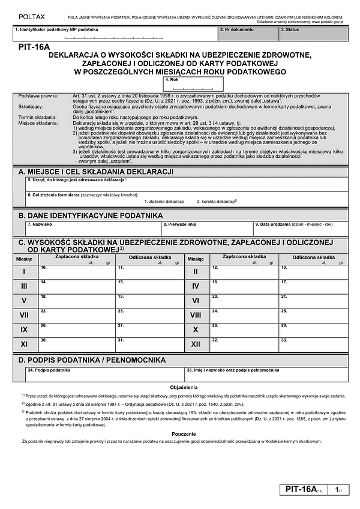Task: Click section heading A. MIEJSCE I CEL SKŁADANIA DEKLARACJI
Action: tap(96, 172)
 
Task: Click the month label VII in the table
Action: tap(24, 315)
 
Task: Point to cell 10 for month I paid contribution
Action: tap(76, 272)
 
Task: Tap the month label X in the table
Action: tap(196, 330)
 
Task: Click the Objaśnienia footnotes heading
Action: tap(179, 388)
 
